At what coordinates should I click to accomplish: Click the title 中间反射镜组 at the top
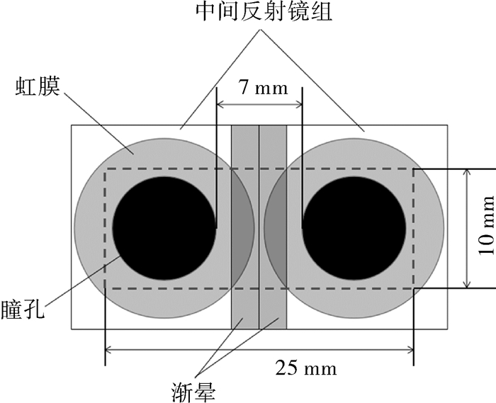(264, 12)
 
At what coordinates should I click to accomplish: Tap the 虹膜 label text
(38, 86)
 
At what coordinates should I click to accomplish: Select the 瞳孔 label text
(23, 309)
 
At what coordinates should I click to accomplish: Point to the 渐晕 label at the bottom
(193, 392)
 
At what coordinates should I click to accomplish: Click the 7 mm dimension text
(263, 88)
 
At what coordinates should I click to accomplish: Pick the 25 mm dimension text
(306, 368)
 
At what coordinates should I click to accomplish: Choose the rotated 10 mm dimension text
(486, 225)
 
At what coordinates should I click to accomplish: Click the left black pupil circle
(164, 228)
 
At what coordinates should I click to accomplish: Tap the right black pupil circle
(354, 228)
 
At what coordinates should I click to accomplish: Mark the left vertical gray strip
(245, 227)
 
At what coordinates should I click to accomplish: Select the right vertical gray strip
(273, 227)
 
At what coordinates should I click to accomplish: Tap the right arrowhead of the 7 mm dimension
(298, 104)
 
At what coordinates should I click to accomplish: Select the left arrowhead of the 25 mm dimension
(109, 350)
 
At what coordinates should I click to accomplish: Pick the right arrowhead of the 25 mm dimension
(410, 350)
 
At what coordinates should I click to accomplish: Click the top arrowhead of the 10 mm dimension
(467, 174)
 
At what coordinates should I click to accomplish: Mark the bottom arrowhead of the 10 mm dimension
(467, 284)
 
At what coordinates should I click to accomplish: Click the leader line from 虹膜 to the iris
(98, 123)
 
